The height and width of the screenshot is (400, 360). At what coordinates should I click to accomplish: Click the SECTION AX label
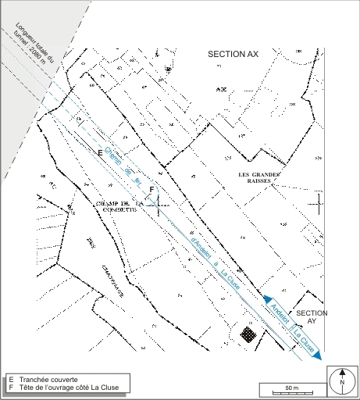231,55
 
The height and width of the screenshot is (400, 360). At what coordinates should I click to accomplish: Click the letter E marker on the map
100,151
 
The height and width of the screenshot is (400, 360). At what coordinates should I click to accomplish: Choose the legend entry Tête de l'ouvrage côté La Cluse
66,387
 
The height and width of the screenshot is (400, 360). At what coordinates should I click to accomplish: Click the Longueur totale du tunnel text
28,47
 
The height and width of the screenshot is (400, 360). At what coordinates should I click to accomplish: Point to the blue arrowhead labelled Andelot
267,300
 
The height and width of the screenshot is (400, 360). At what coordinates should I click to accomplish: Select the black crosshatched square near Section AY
248,334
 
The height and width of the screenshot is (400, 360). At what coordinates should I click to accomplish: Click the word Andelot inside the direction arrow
280,314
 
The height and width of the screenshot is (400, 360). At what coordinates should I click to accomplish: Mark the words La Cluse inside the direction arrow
303,340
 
